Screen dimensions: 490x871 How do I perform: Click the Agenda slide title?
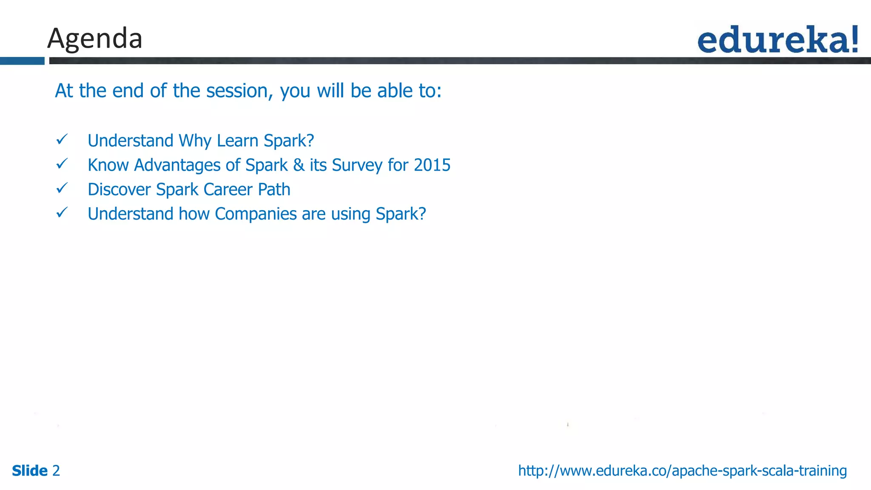pos(94,39)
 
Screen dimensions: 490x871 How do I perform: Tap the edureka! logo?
pos(777,40)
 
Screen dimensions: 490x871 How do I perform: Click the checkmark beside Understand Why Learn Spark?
pos(62,139)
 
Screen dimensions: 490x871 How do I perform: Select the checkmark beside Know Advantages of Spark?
pos(62,163)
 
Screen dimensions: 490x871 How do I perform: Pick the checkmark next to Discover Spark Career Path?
pos(62,188)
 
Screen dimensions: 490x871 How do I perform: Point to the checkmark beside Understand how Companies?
pos(62,212)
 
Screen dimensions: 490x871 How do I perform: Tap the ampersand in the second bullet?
pos(299,165)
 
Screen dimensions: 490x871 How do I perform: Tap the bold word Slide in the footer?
pos(30,471)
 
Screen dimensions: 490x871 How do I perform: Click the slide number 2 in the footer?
pos(56,471)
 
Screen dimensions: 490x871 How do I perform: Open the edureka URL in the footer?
pos(682,471)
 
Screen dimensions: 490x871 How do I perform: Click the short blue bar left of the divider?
pos(22,61)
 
